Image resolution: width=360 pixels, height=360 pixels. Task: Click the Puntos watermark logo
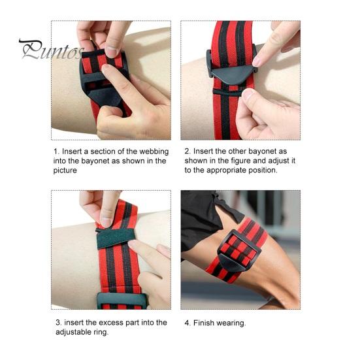pyautogui.click(x=51, y=50)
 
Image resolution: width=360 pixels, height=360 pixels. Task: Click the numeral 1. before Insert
pyautogui.click(x=56, y=152)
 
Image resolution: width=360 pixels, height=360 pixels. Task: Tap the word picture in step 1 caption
pyautogui.click(x=65, y=171)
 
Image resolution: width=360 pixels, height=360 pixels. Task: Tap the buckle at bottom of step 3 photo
pyautogui.click(x=122, y=301)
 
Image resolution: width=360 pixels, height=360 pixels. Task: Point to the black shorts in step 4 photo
pyautogui.click(x=202, y=218)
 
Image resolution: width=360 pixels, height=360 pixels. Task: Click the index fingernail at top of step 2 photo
pyautogui.click(x=257, y=61)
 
